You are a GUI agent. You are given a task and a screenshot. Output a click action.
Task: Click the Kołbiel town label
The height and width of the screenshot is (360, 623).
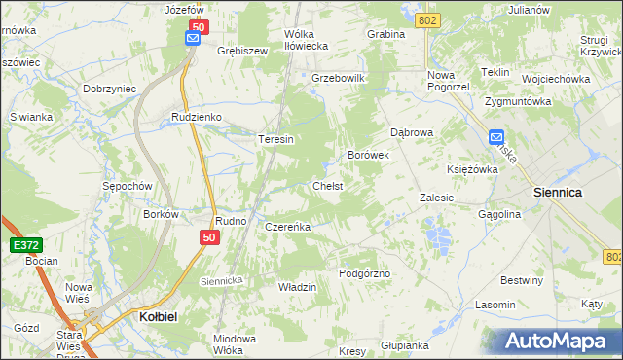151,316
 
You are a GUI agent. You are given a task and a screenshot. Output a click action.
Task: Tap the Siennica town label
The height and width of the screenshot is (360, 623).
558,193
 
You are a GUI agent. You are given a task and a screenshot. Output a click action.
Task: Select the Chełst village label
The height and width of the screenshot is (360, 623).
327,185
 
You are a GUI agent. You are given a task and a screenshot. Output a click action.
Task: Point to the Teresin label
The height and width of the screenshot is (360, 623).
275,139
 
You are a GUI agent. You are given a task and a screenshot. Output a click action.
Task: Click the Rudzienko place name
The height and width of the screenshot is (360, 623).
197,117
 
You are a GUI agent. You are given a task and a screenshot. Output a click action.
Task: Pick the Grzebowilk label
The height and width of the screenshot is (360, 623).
337,77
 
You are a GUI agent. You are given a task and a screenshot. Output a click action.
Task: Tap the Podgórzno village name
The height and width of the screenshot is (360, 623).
364,273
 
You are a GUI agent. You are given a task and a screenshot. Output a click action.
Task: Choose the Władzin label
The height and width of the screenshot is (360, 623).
298,287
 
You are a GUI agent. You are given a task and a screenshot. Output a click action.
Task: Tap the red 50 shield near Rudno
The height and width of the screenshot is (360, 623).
210,236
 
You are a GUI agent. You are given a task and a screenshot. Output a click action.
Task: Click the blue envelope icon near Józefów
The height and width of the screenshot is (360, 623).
194,38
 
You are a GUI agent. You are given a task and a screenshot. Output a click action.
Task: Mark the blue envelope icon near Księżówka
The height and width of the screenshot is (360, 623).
496,137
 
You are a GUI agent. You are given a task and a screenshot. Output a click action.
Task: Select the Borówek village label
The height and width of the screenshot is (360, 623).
369,155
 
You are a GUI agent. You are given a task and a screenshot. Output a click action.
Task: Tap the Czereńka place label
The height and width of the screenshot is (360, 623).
287,227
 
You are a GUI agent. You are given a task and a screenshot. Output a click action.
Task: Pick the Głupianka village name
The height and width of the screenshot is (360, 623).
405,345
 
